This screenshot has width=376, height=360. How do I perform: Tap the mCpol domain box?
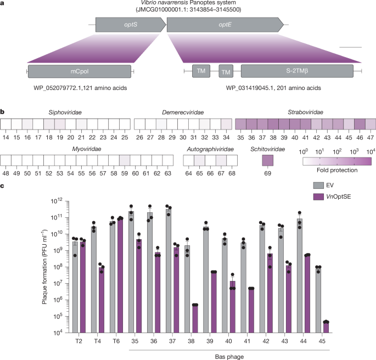(80, 71)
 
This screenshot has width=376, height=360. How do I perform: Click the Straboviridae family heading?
(305, 111)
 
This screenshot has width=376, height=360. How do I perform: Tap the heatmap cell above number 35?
(240, 124)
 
